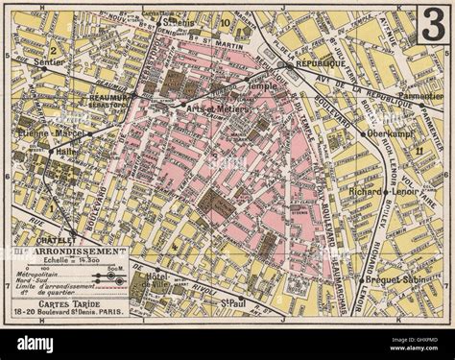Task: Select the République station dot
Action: pyautogui.click(x=280, y=65)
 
